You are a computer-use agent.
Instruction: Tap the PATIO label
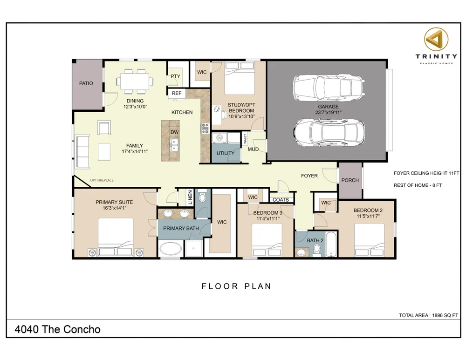(86, 83)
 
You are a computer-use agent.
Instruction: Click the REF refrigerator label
(176, 93)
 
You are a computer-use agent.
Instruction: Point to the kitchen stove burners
(205, 128)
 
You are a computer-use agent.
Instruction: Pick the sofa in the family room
(82, 151)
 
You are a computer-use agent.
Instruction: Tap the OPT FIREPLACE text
(102, 180)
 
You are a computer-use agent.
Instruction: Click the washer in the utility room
(219, 138)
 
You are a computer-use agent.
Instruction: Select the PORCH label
(350, 180)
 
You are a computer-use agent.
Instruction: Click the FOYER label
(309, 176)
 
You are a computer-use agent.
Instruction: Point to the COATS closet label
(281, 200)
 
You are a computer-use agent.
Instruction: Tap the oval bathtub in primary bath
(170, 249)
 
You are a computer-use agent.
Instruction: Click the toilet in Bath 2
(317, 250)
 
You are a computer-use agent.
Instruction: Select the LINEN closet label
(190, 197)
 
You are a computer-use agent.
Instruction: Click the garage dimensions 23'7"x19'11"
(328, 113)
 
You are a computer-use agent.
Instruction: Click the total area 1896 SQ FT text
(428, 315)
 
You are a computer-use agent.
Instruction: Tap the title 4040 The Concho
(57, 329)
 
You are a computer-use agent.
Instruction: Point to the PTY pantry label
(175, 76)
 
